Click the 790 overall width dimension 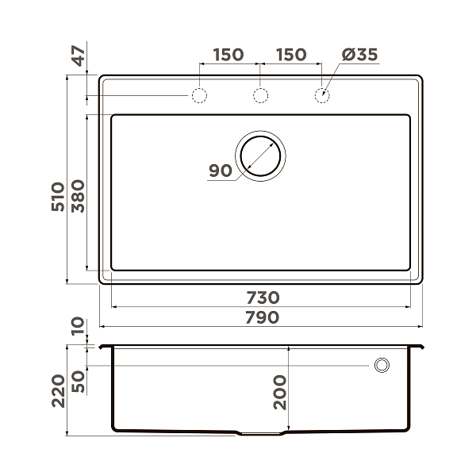pos(262,318)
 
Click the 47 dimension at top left pos(78,59)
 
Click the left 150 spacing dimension pos(228,55)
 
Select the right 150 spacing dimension pos(291,55)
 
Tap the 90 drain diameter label pos(220,171)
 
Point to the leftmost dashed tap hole pos(198,96)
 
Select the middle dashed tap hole pos(259,96)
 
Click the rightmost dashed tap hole pos(321,96)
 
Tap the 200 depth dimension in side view pos(280,390)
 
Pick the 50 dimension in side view pos(78,380)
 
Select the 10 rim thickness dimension pos(78,326)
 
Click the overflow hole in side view pos(382,365)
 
